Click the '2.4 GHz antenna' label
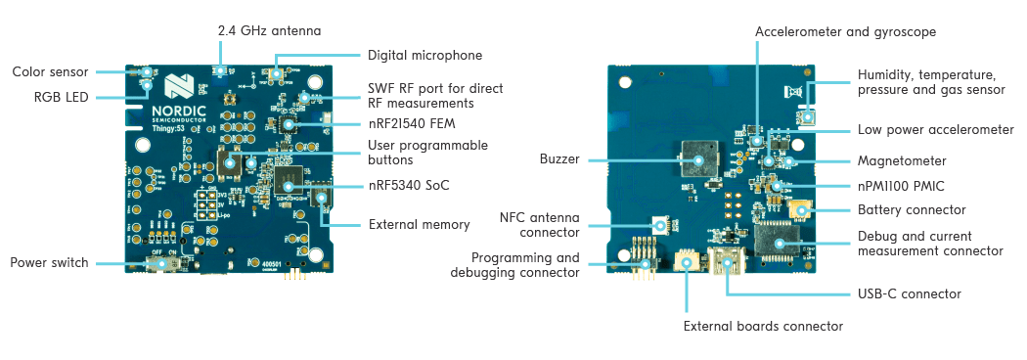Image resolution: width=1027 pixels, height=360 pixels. [269, 31]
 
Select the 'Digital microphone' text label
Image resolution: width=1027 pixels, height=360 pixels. [424, 56]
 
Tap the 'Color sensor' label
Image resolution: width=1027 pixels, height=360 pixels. [51, 72]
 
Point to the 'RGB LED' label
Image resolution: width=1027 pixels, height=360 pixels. [62, 97]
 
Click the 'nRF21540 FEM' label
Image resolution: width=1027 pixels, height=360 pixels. [413, 123]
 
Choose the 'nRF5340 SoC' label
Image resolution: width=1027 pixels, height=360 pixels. [409, 185]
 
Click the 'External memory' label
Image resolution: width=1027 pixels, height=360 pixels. [419, 224]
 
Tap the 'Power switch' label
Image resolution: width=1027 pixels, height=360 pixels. [50, 262]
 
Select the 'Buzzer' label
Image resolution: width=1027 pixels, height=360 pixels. [559, 158]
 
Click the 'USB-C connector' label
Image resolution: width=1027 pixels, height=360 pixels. [909, 293]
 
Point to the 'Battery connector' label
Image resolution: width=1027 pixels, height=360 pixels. [912, 209]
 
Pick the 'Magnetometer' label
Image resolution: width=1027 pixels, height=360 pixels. [901, 159]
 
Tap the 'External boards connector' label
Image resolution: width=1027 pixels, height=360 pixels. [763, 326]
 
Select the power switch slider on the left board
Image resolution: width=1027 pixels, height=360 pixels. [173, 263]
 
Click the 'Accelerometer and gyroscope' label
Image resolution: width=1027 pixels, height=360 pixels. [846, 31]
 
